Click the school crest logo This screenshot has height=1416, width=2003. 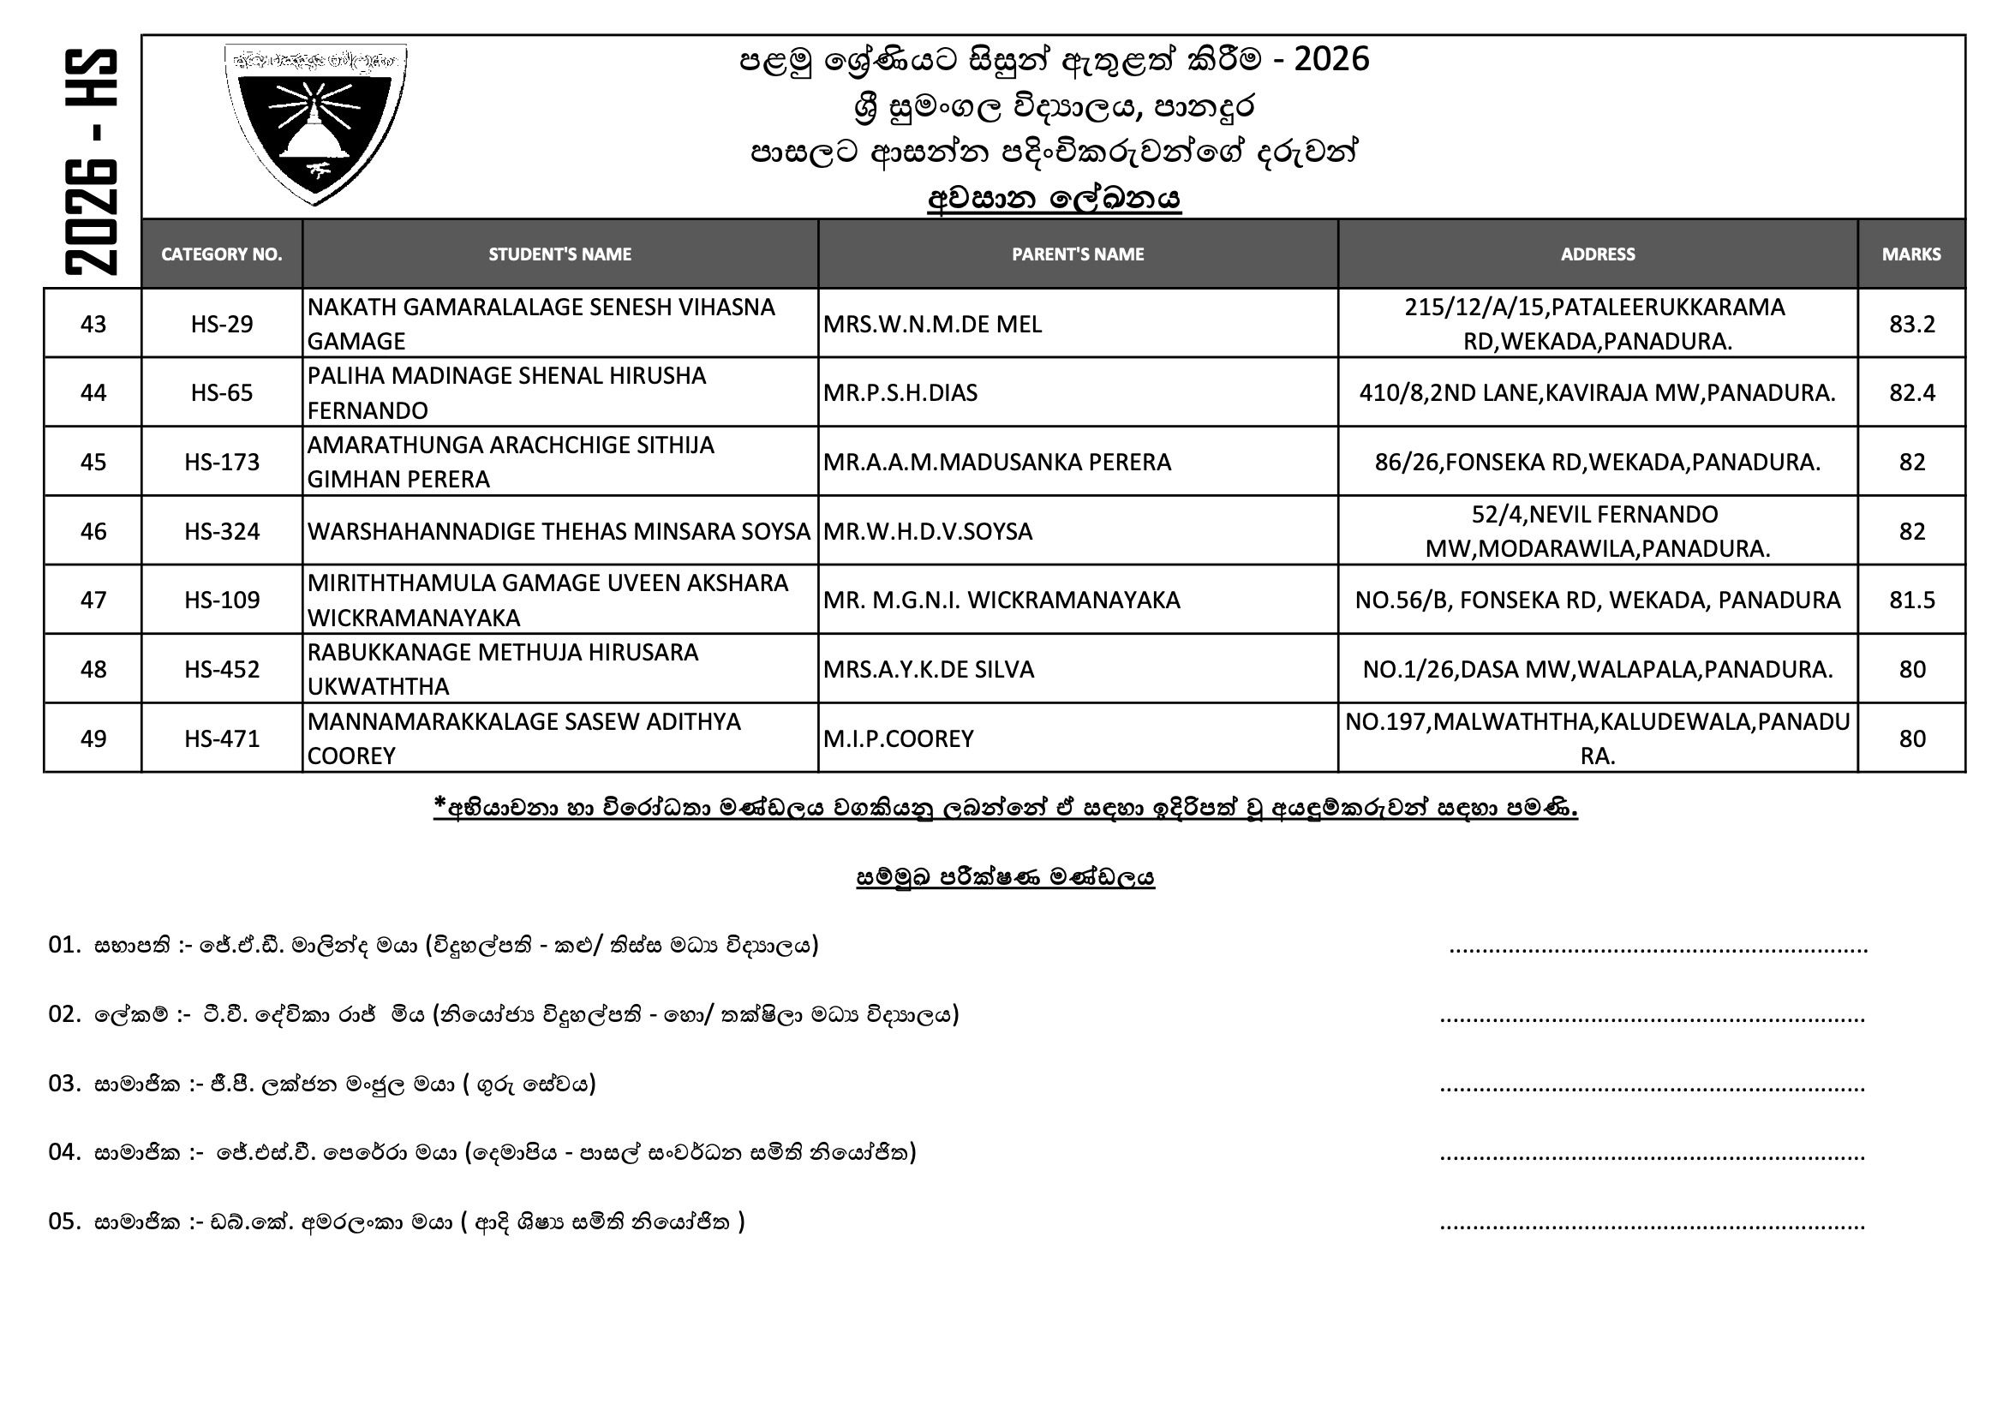[315, 123]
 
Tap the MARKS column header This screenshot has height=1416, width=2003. [1910, 254]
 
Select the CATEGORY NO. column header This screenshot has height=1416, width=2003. [222, 254]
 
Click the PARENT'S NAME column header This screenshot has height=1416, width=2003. [1078, 254]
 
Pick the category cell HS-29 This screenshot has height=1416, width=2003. [222, 324]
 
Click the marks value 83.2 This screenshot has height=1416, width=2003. [1911, 324]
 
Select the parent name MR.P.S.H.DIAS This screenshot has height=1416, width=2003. [900, 392]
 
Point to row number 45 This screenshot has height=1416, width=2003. [93, 462]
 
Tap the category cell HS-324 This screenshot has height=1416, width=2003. [222, 531]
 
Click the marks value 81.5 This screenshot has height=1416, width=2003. [1911, 600]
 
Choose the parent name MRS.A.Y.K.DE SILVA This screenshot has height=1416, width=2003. [928, 669]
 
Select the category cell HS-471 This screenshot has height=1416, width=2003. [222, 739]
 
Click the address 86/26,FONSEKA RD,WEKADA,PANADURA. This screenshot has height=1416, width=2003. [1597, 462]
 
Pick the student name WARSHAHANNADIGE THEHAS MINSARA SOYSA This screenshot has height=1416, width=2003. [559, 531]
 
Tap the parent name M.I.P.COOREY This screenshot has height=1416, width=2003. [898, 739]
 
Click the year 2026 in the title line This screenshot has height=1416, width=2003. [1331, 59]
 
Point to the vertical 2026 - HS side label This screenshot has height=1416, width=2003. [92, 162]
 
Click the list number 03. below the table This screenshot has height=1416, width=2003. [64, 1084]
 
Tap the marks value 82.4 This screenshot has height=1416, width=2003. [1911, 392]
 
